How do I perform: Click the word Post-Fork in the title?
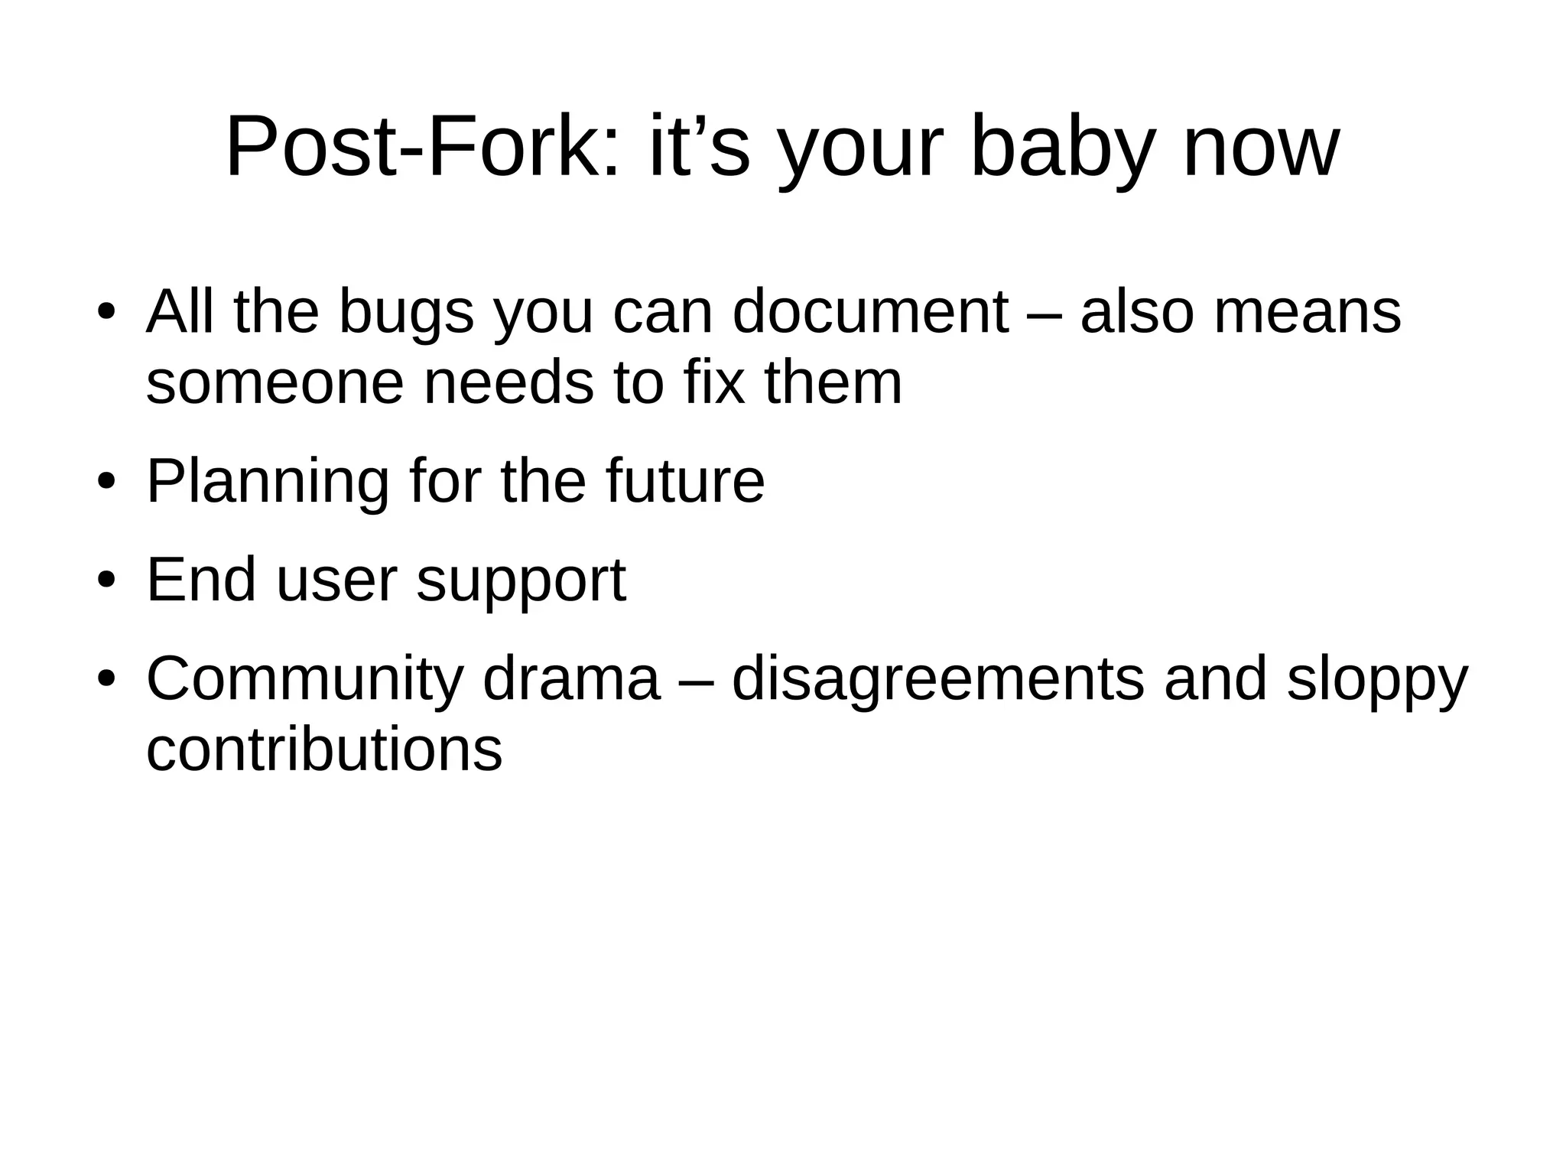[x=422, y=146]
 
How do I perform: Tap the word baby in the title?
[x=1060, y=146]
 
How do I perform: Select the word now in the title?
[x=1261, y=146]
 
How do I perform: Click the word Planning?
[x=268, y=481]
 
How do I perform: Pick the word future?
[x=685, y=481]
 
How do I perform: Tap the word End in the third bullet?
[x=201, y=580]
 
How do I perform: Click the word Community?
[x=304, y=678]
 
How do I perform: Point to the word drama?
[x=571, y=678]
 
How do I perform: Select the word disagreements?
[x=938, y=678]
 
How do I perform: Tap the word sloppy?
[x=1377, y=680]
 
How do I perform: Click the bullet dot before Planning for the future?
[x=106, y=483]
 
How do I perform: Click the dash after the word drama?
[x=696, y=680]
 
